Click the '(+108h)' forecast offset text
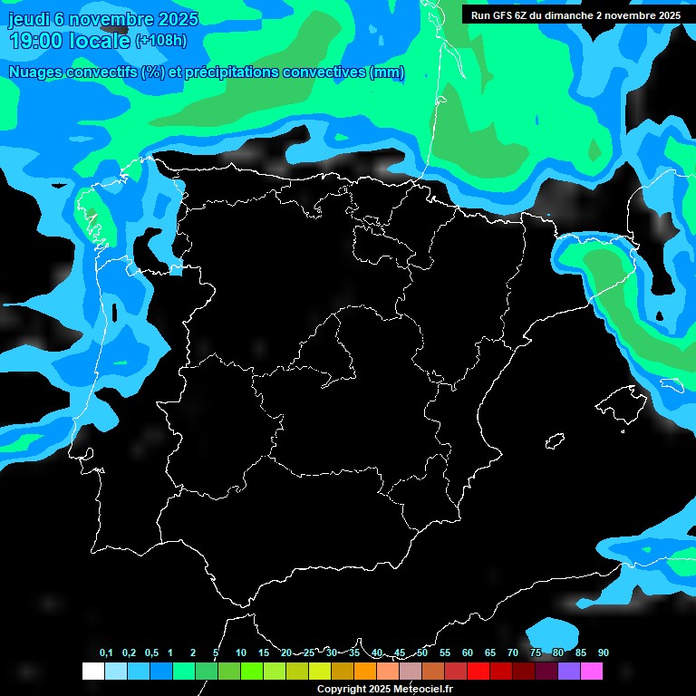click(x=160, y=41)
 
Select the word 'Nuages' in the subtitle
click(x=34, y=72)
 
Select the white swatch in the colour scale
click(x=92, y=672)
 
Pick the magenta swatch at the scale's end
click(x=592, y=672)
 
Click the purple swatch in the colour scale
click(x=569, y=672)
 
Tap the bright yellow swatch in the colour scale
click(x=320, y=672)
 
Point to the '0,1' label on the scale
click(x=106, y=653)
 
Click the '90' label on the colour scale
click(x=604, y=653)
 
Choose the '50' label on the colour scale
click(x=422, y=653)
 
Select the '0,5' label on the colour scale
click(x=151, y=653)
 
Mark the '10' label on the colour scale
click(x=241, y=653)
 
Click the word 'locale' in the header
click(x=99, y=41)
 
